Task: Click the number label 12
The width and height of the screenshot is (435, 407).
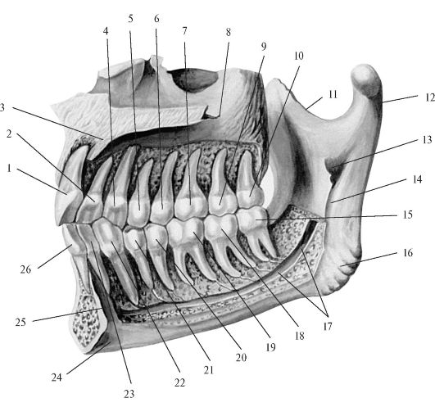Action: [x=429, y=97]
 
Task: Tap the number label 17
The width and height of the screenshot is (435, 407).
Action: [x=328, y=326]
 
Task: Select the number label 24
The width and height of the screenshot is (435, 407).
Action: [x=57, y=377]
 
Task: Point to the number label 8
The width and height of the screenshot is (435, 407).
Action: [x=228, y=32]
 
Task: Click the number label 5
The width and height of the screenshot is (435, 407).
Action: [x=130, y=19]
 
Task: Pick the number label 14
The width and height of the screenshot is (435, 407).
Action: [x=418, y=179]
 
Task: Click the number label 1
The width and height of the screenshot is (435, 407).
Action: [x=9, y=168]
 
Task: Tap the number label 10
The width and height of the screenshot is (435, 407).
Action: [x=298, y=56]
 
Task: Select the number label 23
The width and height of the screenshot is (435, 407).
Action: [x=129, y=394]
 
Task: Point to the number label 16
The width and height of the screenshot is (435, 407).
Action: [x=408, y=253]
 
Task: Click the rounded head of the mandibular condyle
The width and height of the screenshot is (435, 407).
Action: [x=365, y=79]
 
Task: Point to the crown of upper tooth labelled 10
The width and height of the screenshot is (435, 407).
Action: [x=250, y=196]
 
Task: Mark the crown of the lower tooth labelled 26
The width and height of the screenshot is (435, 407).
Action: [x=73, y=238]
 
